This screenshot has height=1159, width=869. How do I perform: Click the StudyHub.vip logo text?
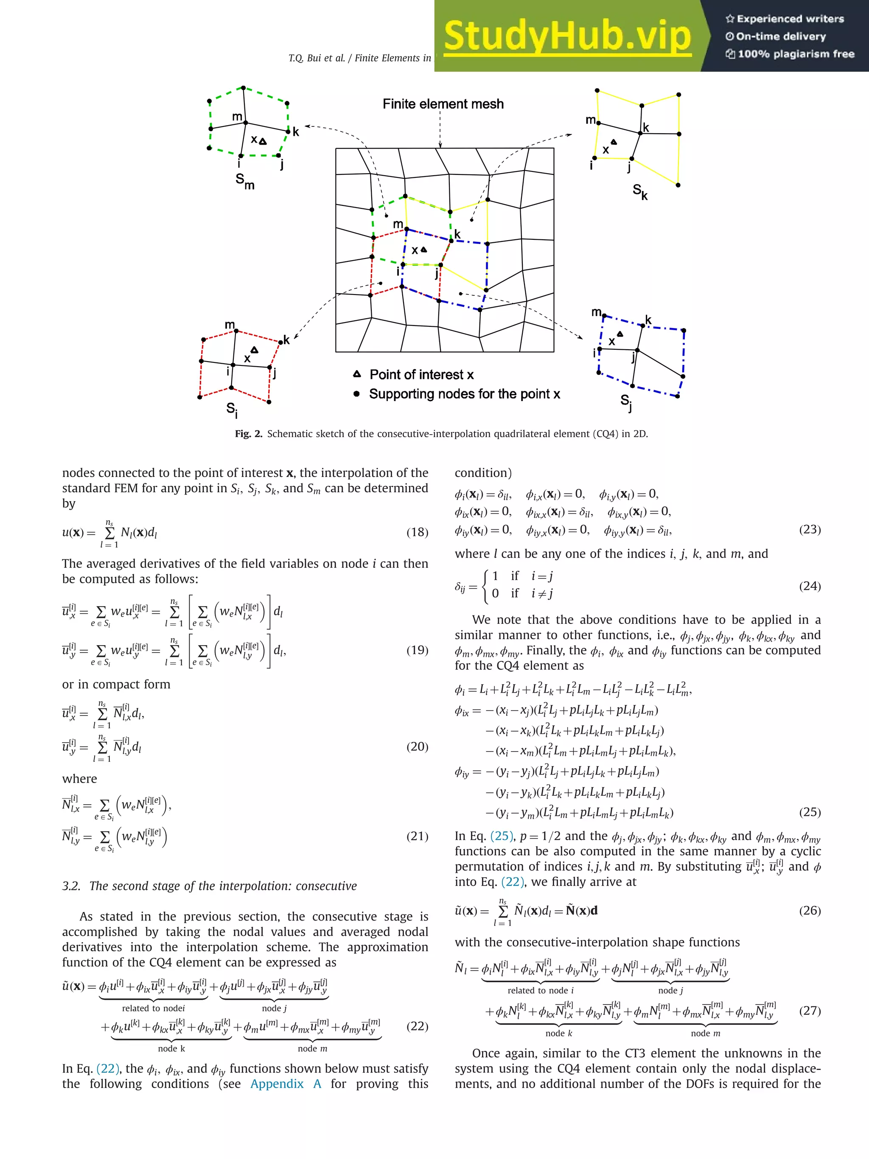(567, 36)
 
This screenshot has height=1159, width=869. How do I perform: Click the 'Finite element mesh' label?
(443, 104)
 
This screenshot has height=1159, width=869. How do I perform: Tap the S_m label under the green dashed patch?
(245, 181)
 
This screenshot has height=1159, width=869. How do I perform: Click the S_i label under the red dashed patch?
(232, 409)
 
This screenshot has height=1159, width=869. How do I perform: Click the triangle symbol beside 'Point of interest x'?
(357, 374)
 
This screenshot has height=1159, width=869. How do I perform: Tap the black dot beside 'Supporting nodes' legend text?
(357, 393)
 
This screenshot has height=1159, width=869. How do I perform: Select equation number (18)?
(417, 532)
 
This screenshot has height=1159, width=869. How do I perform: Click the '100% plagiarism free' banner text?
(795, 54)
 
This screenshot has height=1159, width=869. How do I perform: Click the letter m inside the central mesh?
(398, 224)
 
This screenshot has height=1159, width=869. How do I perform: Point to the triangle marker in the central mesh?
(424, 250)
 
